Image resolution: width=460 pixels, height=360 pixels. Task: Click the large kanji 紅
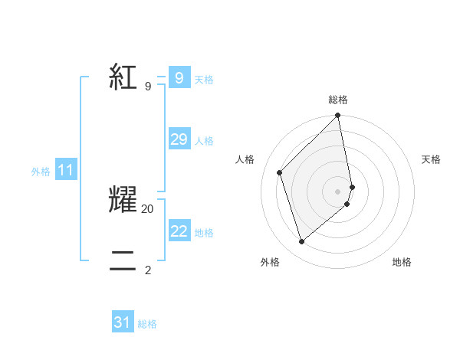[x=123, y=77]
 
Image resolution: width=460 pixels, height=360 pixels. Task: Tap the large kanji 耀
[x=123, y=198]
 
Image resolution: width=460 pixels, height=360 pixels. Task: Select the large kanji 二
[x=123, y=260]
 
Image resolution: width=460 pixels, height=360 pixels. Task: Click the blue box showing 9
[x=179, y=77]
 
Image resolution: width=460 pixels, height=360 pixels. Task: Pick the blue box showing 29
[x=179, y=139]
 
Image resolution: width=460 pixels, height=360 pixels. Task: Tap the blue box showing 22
[x=179, y=231]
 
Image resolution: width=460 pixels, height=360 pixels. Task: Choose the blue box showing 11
[x=65, y=171]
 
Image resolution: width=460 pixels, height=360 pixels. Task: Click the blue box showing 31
[x=123, y=322]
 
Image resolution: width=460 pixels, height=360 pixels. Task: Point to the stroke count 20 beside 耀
[x=148, y=208]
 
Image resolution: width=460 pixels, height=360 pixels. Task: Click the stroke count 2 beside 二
[x=148, y=270]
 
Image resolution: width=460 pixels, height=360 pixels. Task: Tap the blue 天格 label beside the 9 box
[x=204, y=80]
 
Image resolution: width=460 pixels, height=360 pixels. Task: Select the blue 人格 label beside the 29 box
[x=204, y=141]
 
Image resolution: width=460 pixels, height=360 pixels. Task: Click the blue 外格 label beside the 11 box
[x=41, y=172]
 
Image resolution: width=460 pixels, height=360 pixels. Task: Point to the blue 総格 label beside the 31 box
[x=147, y=325]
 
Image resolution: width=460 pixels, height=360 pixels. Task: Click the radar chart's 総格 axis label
[x=338, y=100]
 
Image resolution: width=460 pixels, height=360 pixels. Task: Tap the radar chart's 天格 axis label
[x=431, y=159]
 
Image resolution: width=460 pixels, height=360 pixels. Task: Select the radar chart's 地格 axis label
[x=402, y=262]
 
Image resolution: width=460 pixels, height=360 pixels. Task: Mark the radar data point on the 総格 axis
[x=338, y=116]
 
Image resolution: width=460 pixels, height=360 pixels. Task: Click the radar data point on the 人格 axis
[x=280, y=172]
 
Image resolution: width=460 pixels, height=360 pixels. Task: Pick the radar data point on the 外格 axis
[x=302, y=241]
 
